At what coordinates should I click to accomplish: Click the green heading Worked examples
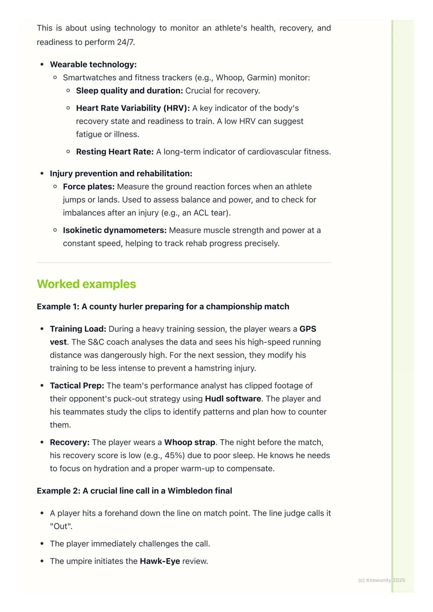point(86,284)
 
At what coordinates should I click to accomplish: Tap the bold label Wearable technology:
point(93,64)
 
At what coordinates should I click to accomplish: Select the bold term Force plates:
point(89,187)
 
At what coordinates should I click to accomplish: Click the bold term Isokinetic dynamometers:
point(115,230)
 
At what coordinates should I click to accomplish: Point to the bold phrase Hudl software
point(233,399)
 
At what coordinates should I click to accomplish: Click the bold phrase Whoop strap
point(190,443)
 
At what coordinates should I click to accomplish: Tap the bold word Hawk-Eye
point(160,561)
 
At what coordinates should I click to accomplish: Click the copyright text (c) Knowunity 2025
point(381,580)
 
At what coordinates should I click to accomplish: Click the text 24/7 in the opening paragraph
point(125,42)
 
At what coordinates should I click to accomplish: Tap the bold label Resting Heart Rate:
point(115,152)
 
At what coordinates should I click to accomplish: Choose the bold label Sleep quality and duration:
point(129,91)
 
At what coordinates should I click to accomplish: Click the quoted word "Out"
point(61,526)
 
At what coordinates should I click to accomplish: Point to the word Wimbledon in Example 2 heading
point(188,491)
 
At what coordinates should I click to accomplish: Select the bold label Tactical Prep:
point(77,386)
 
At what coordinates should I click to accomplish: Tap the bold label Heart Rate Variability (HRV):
point(133,108)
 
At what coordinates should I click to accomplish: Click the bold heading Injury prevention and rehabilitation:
point(121,174)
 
